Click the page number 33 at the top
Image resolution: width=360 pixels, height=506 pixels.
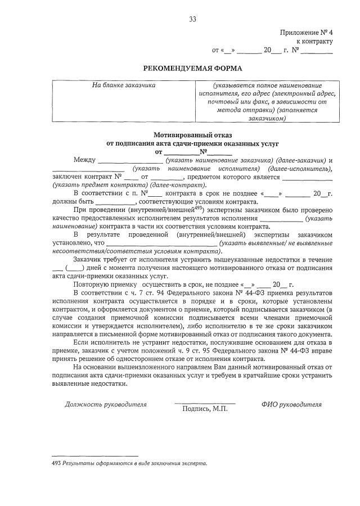pos(192,19)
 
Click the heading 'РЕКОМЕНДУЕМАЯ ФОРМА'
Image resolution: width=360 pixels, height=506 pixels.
pos(192,69)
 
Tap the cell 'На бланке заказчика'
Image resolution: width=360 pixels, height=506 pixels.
pos(123,85)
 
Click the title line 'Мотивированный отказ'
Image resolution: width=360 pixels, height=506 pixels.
pos(192,135)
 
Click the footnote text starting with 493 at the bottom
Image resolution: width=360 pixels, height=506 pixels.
pos(129,464)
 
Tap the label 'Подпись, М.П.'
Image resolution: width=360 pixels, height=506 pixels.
pos(205,409)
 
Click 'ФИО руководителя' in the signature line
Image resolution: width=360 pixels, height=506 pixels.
pos(291,404)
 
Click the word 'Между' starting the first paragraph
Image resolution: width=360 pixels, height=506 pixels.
pos(84,160)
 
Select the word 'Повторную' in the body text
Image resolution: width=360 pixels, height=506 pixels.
pos(91,285)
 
